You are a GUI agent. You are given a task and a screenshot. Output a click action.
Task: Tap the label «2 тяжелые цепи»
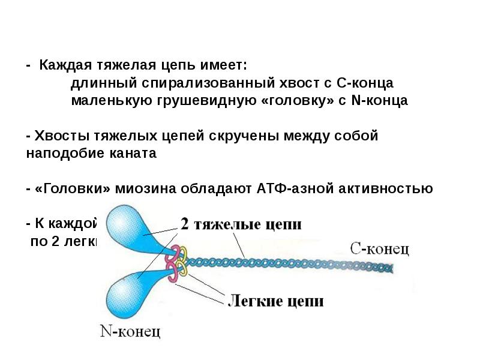pos(241,224)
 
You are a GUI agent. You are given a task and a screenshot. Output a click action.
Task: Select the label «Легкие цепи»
pos(275,299)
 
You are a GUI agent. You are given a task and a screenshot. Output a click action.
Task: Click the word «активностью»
pos(392,188)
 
